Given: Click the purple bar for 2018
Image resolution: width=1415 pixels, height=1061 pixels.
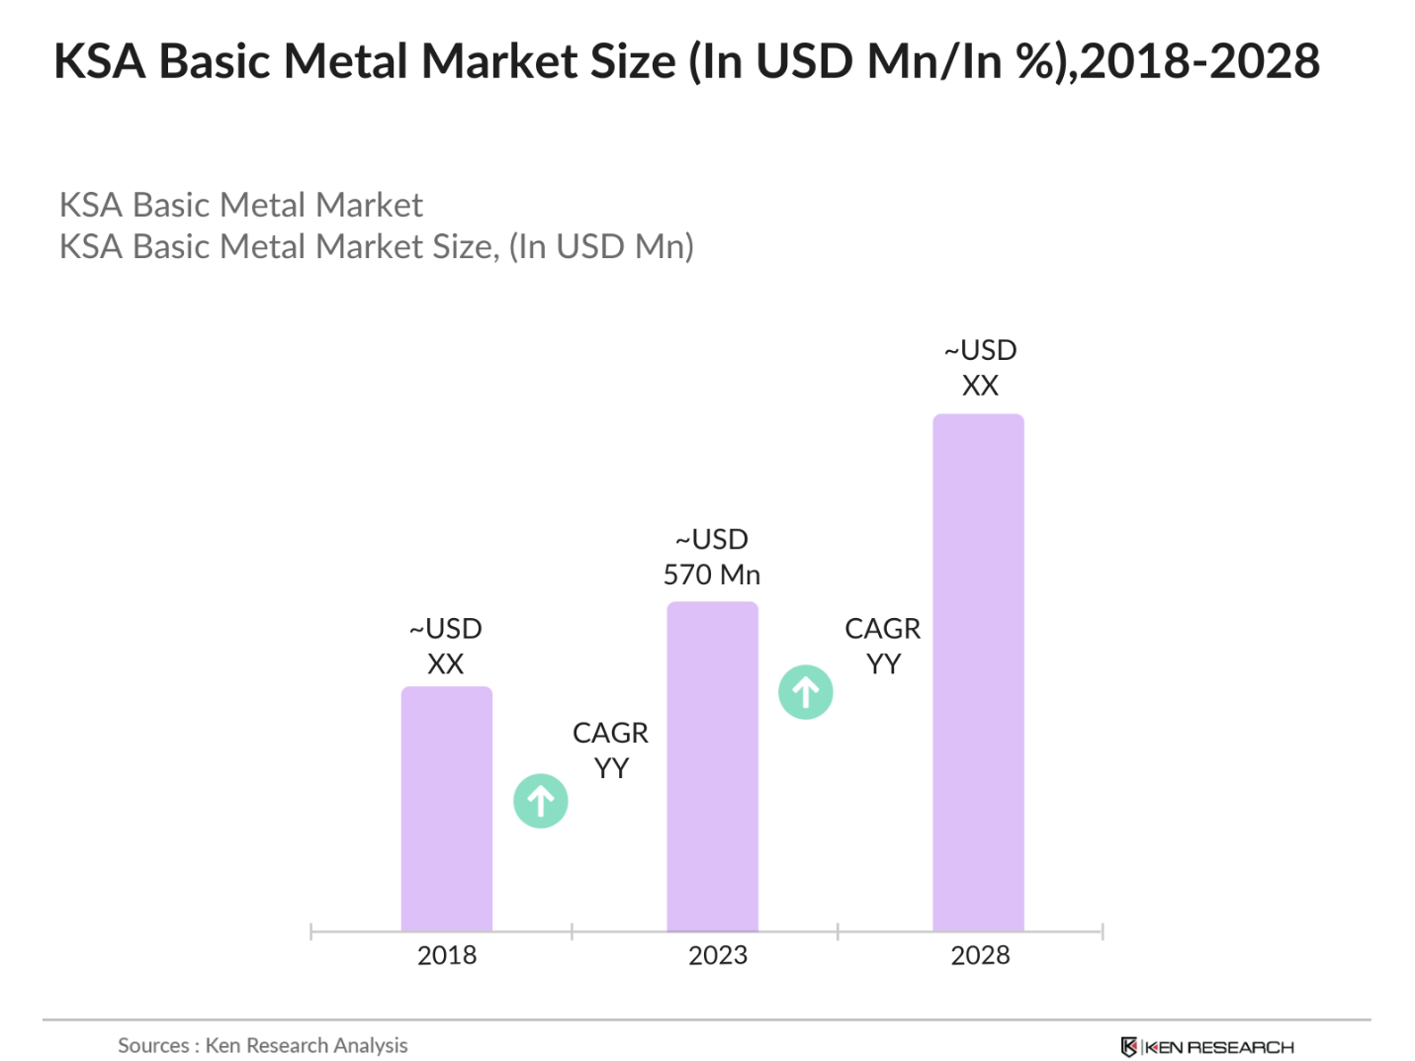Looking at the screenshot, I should (446, 808).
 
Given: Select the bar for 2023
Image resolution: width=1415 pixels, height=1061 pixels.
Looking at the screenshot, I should (712, 766).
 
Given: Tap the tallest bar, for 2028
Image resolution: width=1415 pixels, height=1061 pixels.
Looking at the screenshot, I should (978, 672).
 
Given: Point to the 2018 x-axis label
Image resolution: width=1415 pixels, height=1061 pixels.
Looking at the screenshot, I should (447, 955).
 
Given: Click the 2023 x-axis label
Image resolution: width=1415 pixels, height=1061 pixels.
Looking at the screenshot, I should (718, 955).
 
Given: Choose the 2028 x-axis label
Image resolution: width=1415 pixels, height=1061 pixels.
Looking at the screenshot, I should (980, 955).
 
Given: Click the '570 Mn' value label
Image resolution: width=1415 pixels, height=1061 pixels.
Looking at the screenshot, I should (712, 575).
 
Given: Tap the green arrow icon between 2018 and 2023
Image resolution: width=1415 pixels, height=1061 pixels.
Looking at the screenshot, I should (541, 801).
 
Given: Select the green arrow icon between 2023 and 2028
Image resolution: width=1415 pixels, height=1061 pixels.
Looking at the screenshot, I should (806, 692).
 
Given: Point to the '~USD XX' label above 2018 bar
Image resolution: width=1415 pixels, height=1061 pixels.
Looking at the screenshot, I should (446, 646).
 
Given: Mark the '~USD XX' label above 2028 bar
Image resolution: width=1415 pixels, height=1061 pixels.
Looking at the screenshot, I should (980, 367).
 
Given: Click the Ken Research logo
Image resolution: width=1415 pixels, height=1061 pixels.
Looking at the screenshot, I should (1207, 1047).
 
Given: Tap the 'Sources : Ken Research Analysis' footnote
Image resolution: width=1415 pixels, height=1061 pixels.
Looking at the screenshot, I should (262, 1045).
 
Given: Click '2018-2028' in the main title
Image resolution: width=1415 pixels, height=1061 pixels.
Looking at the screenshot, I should (1199, 61).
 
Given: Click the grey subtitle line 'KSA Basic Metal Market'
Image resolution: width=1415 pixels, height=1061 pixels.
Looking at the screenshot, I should (241, 205).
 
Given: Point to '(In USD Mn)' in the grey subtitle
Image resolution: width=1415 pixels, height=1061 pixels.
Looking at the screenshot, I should (601, 246).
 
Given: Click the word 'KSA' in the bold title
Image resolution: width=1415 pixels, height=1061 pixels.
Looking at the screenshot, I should (100, 61).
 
